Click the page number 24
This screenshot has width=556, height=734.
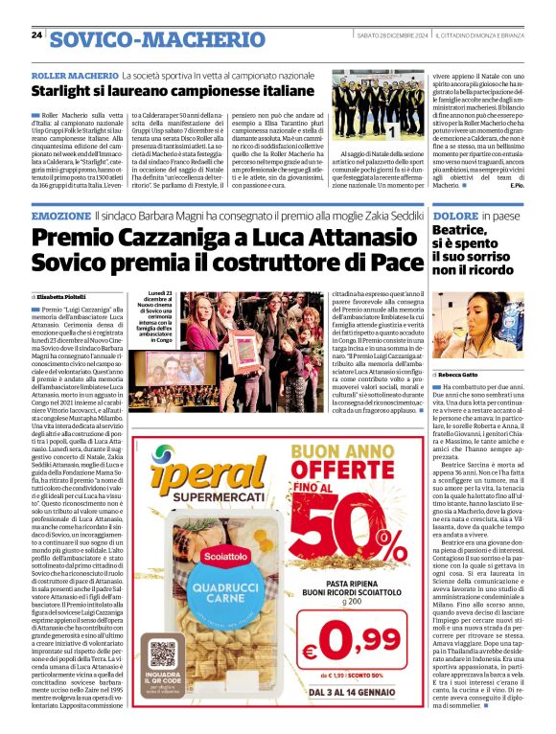(x=36, y=35)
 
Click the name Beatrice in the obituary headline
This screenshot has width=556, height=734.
(x=459, y=233)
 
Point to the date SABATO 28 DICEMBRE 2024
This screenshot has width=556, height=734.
(x=391, y=35)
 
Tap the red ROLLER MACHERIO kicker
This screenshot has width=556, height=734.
(x=74, y=74)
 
